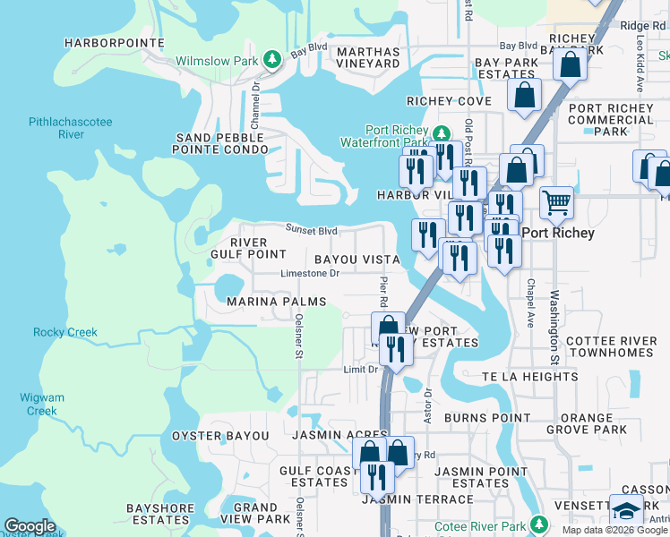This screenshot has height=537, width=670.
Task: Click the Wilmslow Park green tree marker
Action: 272,60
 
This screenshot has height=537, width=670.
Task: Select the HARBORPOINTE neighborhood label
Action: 115,43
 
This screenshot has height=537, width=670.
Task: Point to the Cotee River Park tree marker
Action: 538,524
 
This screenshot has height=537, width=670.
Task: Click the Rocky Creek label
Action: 65,332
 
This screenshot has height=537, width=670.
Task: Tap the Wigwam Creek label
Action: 41,405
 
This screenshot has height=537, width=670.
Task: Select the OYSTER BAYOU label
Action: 219,436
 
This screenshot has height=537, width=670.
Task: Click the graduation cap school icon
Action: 626,511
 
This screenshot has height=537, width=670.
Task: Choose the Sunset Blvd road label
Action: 311,229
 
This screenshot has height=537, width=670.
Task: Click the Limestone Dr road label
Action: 310,274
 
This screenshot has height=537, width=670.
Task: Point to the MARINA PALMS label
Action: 276,303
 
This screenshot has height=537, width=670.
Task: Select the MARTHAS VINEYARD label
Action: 368,57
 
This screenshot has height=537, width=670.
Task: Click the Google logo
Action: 30,526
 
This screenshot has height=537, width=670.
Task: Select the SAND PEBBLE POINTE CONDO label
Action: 222,143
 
